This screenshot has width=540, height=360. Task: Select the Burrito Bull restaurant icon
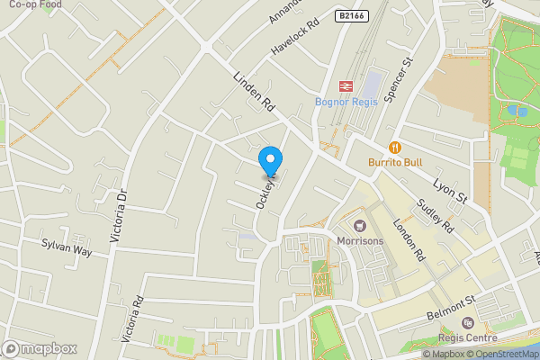pyautogui.click(x=394, y=147)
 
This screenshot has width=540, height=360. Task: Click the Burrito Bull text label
pyautogui.click(x=394, y=163)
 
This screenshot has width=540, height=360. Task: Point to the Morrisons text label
pyautogui.click(x=360, y=240)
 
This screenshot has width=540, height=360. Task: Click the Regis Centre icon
pyautogui.click(x=466, y=323)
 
